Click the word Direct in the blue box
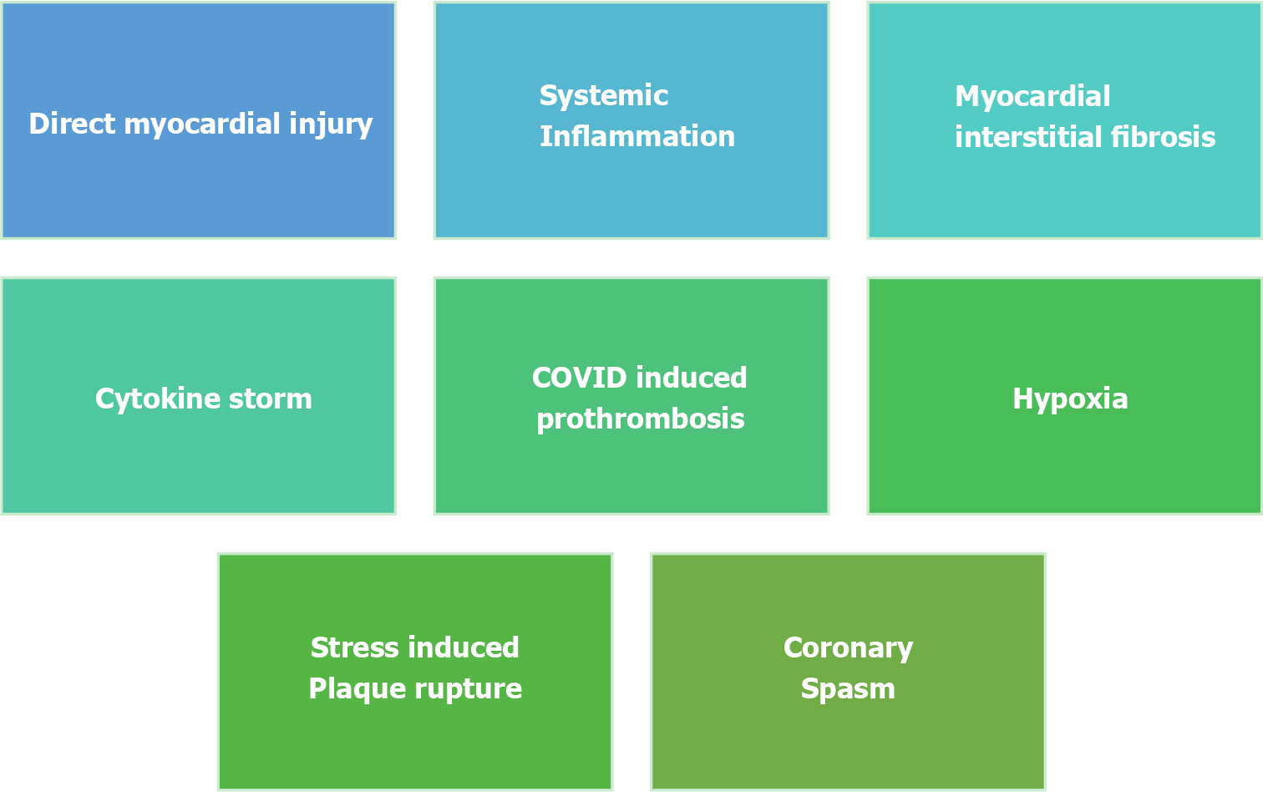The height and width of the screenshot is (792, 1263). [x=72, y=124]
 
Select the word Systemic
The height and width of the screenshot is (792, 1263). [x=604, y=96]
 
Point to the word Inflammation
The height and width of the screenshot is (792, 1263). [x=637, y=136]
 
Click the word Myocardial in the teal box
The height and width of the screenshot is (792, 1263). [x=1032, y=96]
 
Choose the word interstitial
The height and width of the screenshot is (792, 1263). [x=1028, y=137]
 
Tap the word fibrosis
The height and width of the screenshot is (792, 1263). [x=1164, y=137]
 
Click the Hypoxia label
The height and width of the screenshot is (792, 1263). [x=1070, y=399]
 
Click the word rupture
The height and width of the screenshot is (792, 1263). [x=468, y=689]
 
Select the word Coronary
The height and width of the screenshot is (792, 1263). [x=848, y=648]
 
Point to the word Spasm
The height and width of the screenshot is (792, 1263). [x=848, y=689]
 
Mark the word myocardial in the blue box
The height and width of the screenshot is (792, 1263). [x=202, y=124]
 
